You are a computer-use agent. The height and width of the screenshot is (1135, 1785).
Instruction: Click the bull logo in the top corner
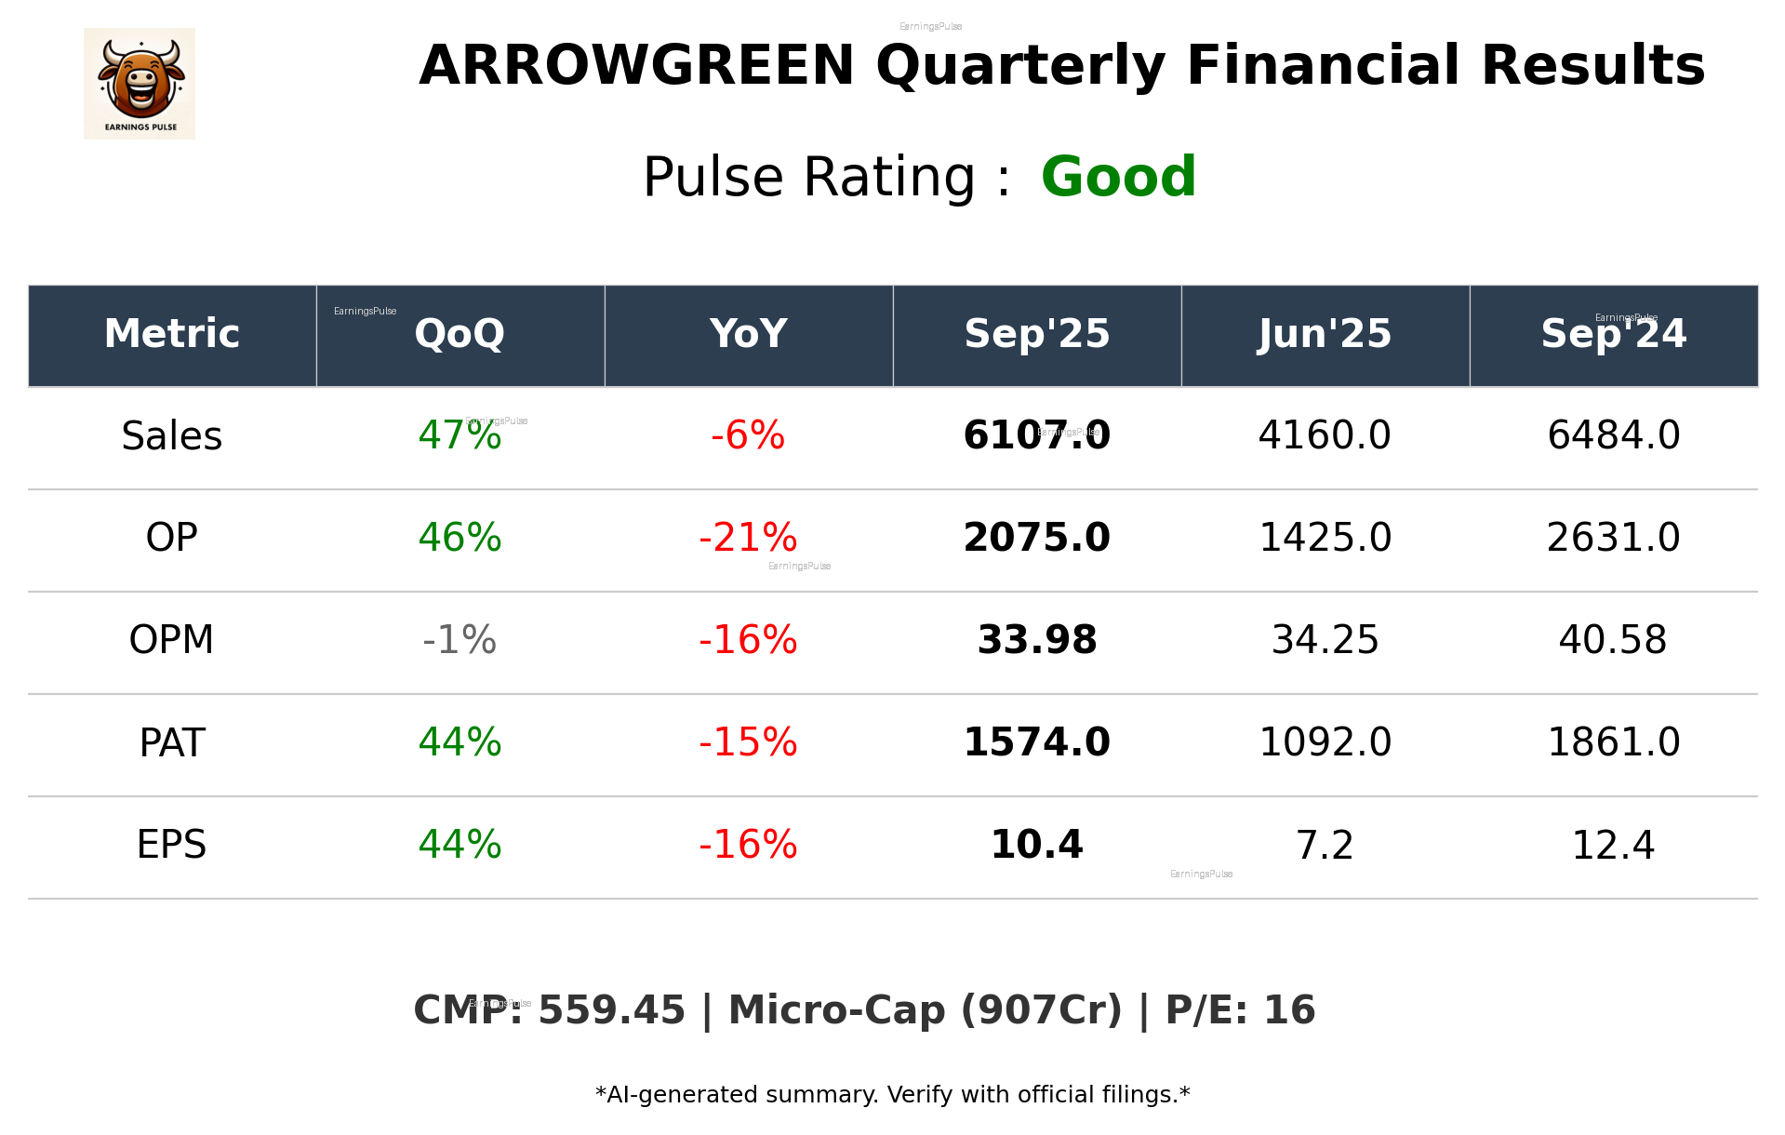140,84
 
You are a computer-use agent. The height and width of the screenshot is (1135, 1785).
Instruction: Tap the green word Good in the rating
1118,177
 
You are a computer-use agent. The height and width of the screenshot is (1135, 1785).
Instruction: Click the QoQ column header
460,334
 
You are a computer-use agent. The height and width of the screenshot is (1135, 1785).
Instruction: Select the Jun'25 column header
1325,334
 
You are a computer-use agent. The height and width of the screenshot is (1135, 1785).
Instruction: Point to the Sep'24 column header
1613,334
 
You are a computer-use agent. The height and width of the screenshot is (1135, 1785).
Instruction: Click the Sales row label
172,436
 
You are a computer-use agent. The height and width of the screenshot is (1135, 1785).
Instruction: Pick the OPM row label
172,640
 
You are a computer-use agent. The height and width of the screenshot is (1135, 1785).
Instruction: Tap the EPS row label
172,845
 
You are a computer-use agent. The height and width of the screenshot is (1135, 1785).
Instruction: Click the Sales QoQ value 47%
460,435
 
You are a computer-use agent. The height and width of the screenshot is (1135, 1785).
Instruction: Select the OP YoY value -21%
748,538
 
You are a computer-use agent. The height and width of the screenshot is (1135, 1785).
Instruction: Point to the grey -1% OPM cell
460,640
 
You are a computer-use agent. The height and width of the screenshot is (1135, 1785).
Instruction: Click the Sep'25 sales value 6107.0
1036,435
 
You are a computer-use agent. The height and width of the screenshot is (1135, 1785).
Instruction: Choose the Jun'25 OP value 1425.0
1325,538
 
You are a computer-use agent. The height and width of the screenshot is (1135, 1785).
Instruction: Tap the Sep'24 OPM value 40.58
1613,640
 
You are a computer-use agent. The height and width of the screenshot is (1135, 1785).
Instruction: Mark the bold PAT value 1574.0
1036,742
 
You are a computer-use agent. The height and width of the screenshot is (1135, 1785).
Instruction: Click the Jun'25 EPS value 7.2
1325,845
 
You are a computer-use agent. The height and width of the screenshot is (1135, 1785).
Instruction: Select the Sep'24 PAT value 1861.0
1613,742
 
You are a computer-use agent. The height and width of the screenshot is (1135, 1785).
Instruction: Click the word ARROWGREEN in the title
636,66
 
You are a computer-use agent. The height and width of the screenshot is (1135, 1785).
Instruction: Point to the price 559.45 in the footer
611,1011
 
